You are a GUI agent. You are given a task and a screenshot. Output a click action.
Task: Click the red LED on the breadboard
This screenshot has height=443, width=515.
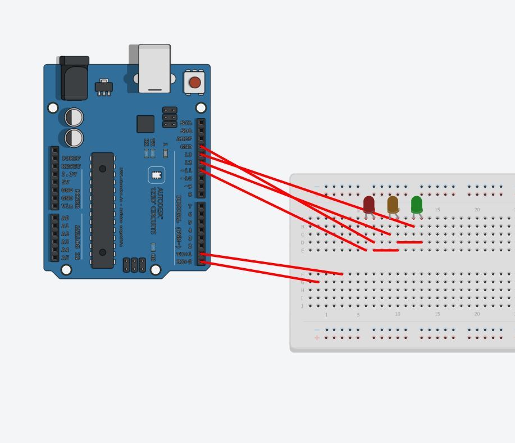[369, 204]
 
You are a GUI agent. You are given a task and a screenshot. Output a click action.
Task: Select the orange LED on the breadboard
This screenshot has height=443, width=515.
[393, 204]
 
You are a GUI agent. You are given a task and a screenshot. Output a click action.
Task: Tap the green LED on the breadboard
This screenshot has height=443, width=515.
[416, 204]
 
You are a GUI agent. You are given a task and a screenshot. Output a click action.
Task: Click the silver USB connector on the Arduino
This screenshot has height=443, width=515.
[154, 68]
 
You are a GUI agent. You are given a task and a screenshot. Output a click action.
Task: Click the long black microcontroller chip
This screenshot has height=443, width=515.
[102, 210]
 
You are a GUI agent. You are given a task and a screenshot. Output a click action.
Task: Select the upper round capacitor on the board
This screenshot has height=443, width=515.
[74, 117]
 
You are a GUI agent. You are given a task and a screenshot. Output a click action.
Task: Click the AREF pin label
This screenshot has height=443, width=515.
[184, 139]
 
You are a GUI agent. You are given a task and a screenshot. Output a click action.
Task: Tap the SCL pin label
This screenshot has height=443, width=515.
[186, 123]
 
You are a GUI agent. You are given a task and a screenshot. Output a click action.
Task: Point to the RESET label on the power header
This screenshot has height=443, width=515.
[71, 166]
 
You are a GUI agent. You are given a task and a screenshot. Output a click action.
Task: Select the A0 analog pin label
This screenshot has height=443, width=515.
[65, 218]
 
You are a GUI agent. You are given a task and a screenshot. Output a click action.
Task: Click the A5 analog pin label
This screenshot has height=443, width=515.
[65, 257]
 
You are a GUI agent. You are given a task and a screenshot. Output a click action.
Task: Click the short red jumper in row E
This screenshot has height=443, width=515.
[385, 250]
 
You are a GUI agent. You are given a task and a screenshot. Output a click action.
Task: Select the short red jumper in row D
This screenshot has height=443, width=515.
[409, 242]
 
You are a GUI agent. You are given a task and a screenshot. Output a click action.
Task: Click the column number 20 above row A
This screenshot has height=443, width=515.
[477, 210]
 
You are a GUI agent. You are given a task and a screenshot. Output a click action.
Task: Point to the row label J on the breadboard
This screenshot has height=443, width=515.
[302, 306]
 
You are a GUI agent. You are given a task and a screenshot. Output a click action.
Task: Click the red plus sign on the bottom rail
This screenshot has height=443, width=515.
[317, 338]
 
